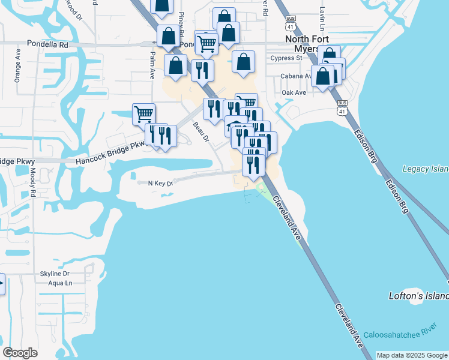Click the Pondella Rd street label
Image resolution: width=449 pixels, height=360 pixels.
[x=47, y=44]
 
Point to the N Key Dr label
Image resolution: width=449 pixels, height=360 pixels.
[x=160, y=183]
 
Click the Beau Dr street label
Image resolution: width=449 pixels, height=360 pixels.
[x=200, y=133]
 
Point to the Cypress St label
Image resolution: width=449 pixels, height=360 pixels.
[x=286, y=58]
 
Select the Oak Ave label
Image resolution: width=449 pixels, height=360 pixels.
[x=294, y=92]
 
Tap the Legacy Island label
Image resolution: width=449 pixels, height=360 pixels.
[x=425, y=169]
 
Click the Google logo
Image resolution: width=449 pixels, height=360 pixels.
[x=20, y=353]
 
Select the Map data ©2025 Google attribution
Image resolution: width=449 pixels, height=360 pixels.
[x=412, y=355]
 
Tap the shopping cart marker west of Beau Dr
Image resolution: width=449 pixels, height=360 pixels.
[x=143, y=113]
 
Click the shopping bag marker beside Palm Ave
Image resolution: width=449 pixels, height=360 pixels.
[x=176, y=65]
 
